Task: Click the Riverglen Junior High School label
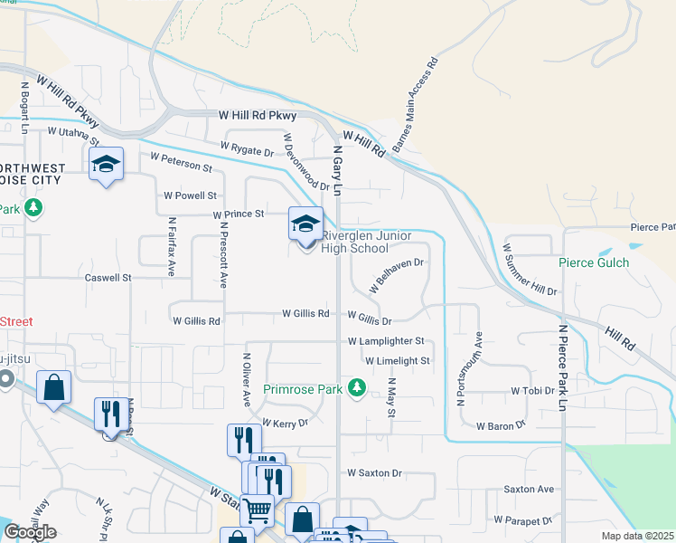tap(366, 243)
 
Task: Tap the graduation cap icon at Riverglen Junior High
tap(305, 222)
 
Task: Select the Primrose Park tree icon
tap(358, 388)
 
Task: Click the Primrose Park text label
tap(303, 389)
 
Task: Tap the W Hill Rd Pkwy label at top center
tap(258, 116)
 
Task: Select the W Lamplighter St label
tap(386, 341)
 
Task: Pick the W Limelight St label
tap(399, 360)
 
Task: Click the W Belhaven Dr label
tap(397, 275)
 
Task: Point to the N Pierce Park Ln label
tap(561, 368)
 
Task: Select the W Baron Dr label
tap(501, 425)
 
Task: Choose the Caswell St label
tap(108, 278)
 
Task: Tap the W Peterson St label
tap(181, 162)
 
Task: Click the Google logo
tap(30, 532)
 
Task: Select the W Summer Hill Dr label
tap(530, 270)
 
